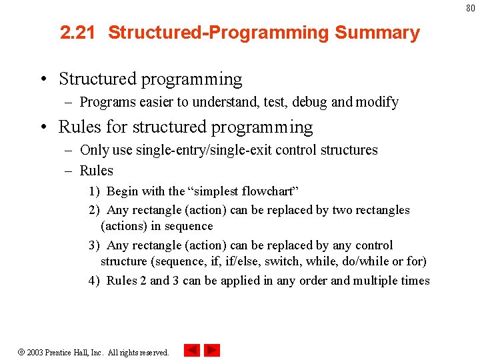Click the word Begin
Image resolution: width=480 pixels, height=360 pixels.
(123, 191)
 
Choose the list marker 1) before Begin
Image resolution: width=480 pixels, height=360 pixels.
(95, 191)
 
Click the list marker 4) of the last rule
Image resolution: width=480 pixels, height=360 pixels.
(95, 281)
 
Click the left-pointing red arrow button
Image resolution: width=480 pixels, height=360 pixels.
(191, 350)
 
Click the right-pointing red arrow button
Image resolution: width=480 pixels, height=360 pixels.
(212, 350)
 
